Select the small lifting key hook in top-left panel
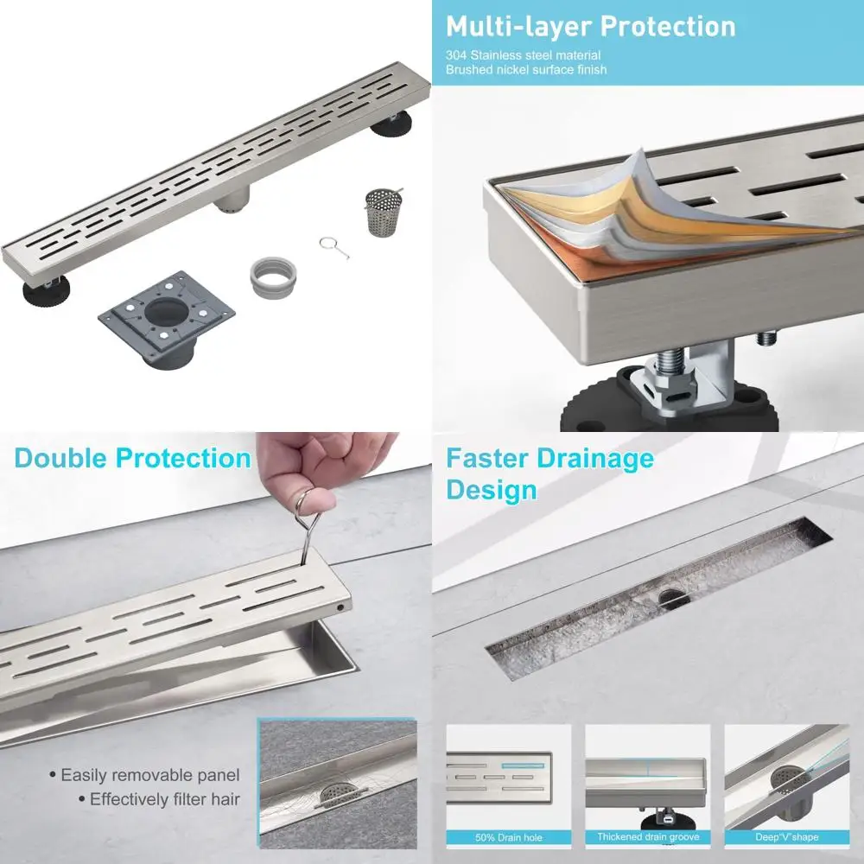coord(332,247)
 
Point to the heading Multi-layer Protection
coord(590,26)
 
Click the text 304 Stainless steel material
coord(523,54)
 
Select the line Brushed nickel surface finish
coord(525,69)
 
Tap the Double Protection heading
coord(132,458)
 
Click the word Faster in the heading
coord(486,458)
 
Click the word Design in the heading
coord(492,490)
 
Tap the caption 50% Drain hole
coord(508,836)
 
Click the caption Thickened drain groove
coord(647,836)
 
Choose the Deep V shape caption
coord(786,836)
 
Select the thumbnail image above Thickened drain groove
coord(647,775)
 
